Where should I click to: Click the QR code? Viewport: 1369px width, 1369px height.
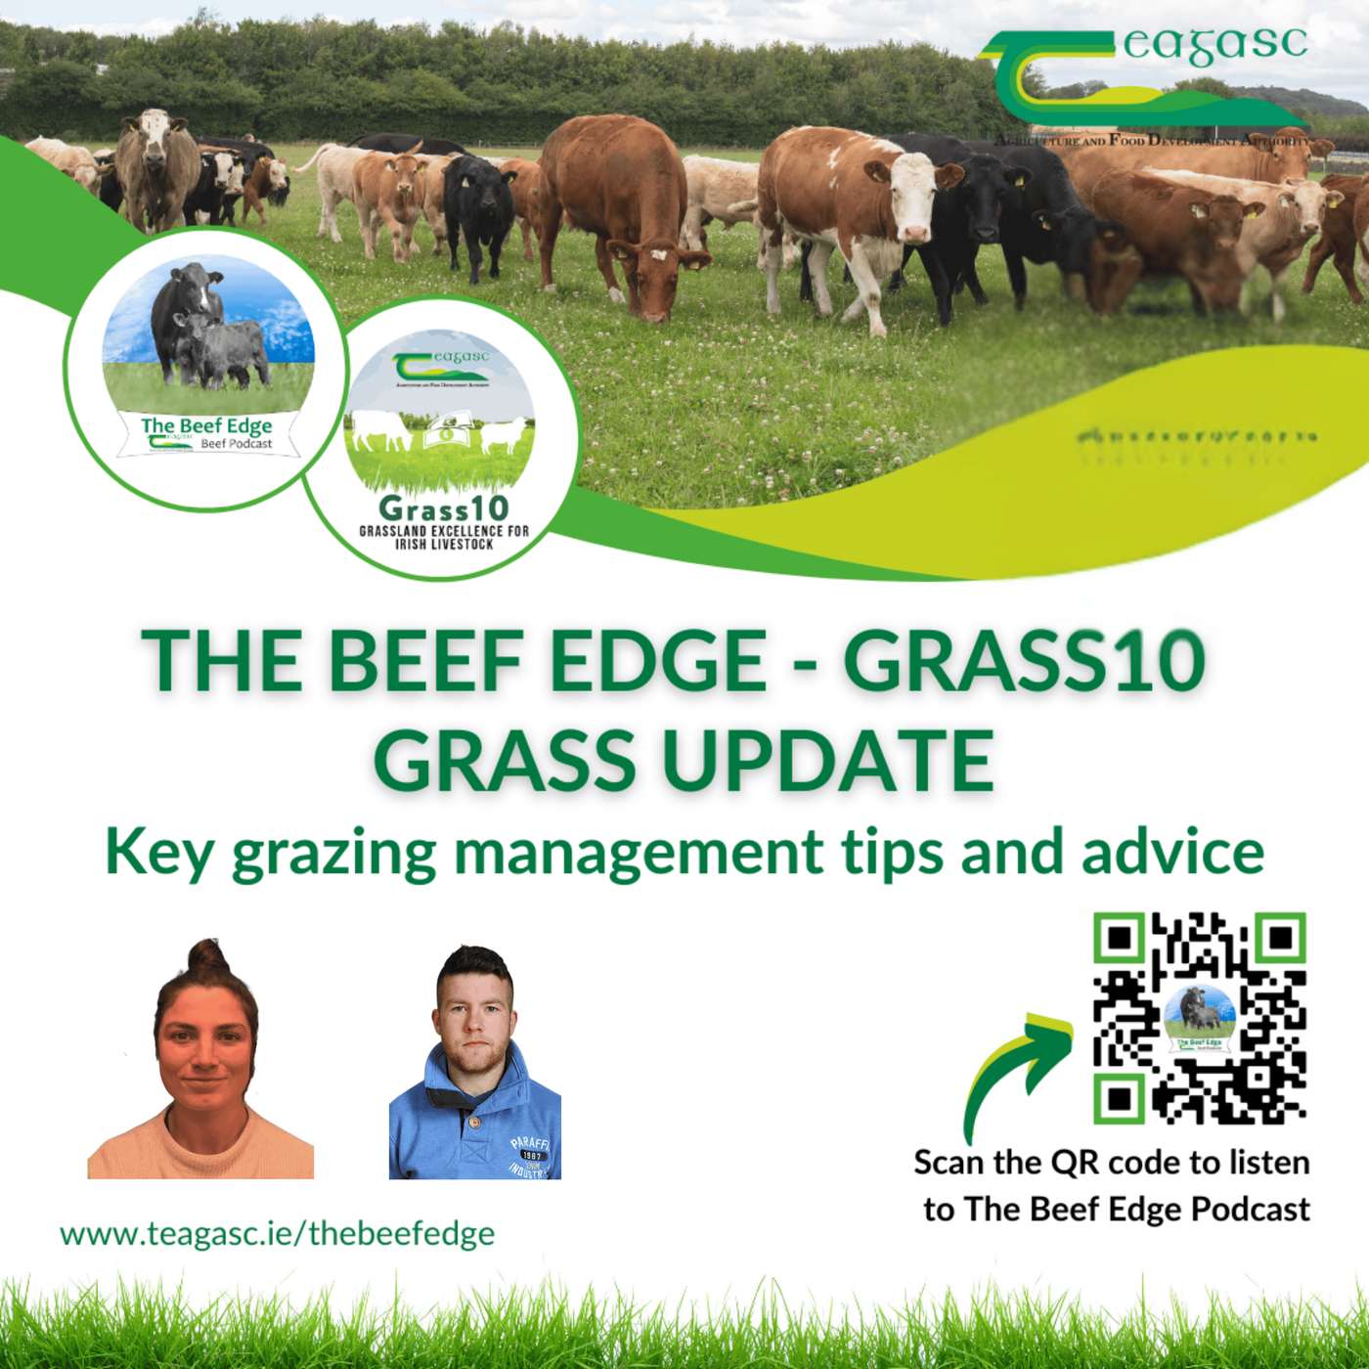pos(1200,1017)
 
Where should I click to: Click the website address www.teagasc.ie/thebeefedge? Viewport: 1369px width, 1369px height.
pos(277,1233)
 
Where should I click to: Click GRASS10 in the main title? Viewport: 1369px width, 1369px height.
pos(1023,661)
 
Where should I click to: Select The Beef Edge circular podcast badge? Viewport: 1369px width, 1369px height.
pos(206,370)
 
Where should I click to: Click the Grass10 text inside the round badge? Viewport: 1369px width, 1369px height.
pos(443,508)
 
